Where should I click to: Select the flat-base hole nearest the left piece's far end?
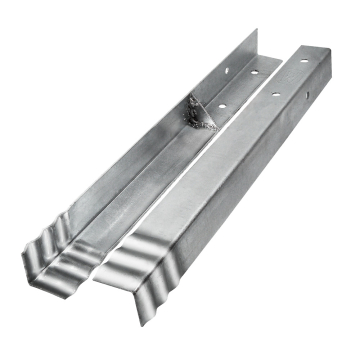pyautogui.click(x=253, y=73)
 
